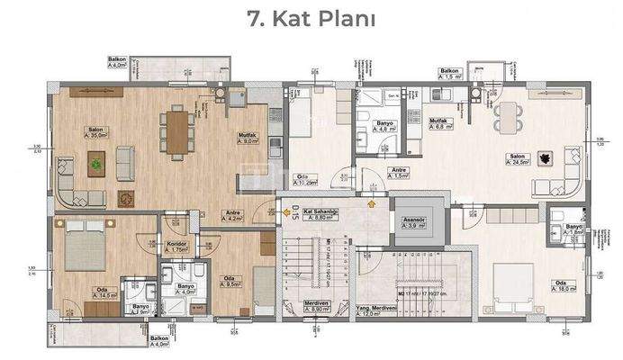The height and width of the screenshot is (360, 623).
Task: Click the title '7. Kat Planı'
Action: coord(311,19)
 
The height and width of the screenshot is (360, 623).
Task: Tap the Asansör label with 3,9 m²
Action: coord(415,221)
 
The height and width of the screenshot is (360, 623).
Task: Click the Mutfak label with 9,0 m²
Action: coord(248,139)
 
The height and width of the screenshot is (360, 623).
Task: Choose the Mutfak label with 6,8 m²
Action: coord(440,123)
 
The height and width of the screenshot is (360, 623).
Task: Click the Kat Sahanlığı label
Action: coord(321,214)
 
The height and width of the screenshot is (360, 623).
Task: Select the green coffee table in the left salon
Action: coord(95,163)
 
